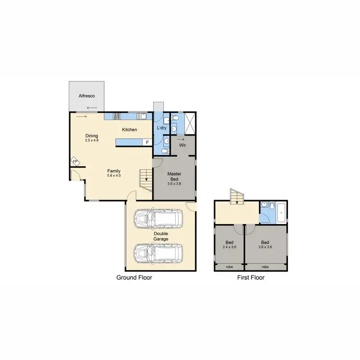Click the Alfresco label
click(87, 96)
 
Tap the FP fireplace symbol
click(75, 162)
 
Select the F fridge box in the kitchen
click(147, 142)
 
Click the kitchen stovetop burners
click(116, 116)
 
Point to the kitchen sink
click(142, 116)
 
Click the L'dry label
click(161, 128)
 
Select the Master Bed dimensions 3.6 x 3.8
click(174, 183)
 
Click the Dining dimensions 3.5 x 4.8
click(91, 141)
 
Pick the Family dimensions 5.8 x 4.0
click(114, 176)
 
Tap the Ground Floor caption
click(134, 277)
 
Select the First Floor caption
click(251, 277)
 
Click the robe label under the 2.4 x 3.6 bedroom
click(229, 267)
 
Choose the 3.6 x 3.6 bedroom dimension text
click(265, 248)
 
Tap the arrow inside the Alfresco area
click(91, 108)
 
